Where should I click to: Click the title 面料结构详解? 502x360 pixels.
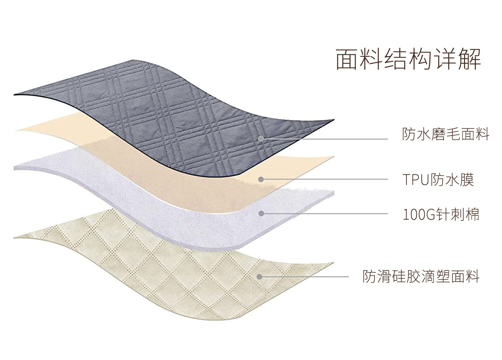[408, 59]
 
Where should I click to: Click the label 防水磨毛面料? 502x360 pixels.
[446, 134]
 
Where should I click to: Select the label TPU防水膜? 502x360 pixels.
[438, 180]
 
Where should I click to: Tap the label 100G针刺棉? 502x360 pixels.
[441, 214]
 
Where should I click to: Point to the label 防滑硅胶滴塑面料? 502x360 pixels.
[421, 276]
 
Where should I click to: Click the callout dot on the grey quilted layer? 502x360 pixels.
[261, 138]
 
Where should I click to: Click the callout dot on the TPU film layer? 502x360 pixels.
[261, 179]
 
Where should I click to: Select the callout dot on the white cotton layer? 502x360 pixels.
[261, 214]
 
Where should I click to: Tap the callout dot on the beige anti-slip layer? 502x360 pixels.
[259, 276]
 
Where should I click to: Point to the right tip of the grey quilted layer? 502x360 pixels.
[333, 120]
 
